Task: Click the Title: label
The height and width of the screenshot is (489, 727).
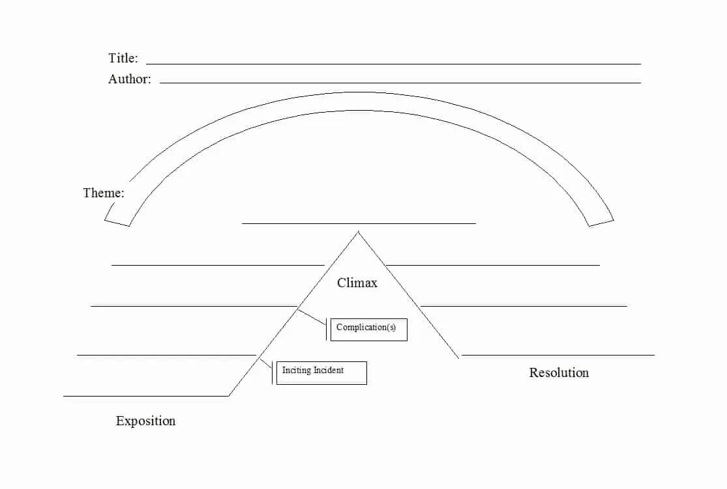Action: click(x=123, y=58)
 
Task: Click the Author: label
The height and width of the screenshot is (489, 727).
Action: click(x=129, y=79)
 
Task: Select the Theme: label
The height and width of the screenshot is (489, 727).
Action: click(x=104, y=193)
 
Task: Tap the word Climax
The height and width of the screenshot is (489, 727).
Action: click(x=357, y=283)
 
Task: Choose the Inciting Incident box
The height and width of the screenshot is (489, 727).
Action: click(x=321, y=372)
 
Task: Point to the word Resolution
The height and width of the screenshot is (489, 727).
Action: click(x=559, y=372)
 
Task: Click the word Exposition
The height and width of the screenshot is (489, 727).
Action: click(x=145, y=421)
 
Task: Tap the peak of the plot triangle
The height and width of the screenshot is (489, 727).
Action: click(x=358, y=232)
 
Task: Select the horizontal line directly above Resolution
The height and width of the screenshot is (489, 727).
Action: click(x=557, y=355)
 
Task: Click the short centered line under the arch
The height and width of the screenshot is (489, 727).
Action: click(x=359, y=223)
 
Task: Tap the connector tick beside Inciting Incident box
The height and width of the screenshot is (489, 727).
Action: click(x=272, y=372)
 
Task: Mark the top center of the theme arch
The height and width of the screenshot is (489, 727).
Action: click(x=359, y=101)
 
